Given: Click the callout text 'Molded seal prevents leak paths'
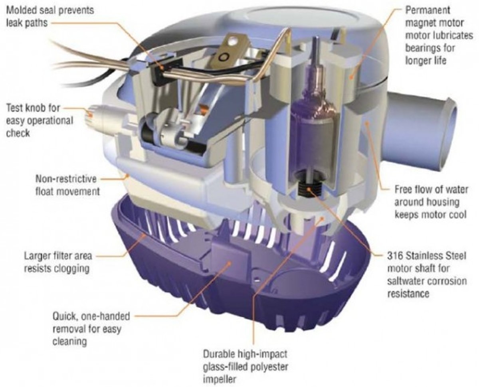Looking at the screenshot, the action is coord(50,16).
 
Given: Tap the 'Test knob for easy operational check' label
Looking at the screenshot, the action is coord(40,120).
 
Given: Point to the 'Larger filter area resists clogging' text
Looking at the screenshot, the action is coord(58,262).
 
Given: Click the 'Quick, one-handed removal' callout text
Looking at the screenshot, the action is coord(91,329).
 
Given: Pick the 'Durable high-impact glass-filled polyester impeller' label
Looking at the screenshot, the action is coord(245,367).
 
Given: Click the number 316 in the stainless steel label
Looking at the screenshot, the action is coord(395,256).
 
